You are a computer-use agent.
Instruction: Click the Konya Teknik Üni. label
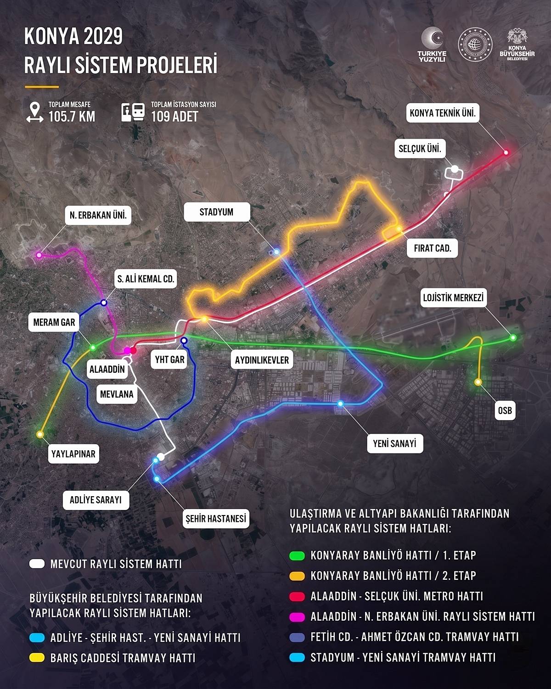[x=443, y=113]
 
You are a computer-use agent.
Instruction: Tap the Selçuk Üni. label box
[x=420, y=149]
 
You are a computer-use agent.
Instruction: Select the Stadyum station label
[x=216, y=212]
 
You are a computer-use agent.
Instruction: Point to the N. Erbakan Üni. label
[x=98, y=215]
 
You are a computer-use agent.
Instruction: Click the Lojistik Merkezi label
[x=453, y=298]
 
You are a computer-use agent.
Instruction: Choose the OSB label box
[x=505, y=410]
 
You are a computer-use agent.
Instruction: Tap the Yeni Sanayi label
[x=394, y=443]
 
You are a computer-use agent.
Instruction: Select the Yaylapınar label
[x=73, y=454]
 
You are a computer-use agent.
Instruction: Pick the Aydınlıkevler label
[x=262, y=360]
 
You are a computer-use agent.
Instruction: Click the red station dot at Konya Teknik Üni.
[x=506, y=152]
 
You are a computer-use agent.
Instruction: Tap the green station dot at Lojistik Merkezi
[x=513, y=338]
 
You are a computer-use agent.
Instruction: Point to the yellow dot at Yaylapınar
[x=40, y=434]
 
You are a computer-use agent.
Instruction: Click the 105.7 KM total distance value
[x=72, y=116]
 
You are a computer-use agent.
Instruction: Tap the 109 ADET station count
[x=174, y=116]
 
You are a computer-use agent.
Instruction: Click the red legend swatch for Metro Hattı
[x=297, y=596]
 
